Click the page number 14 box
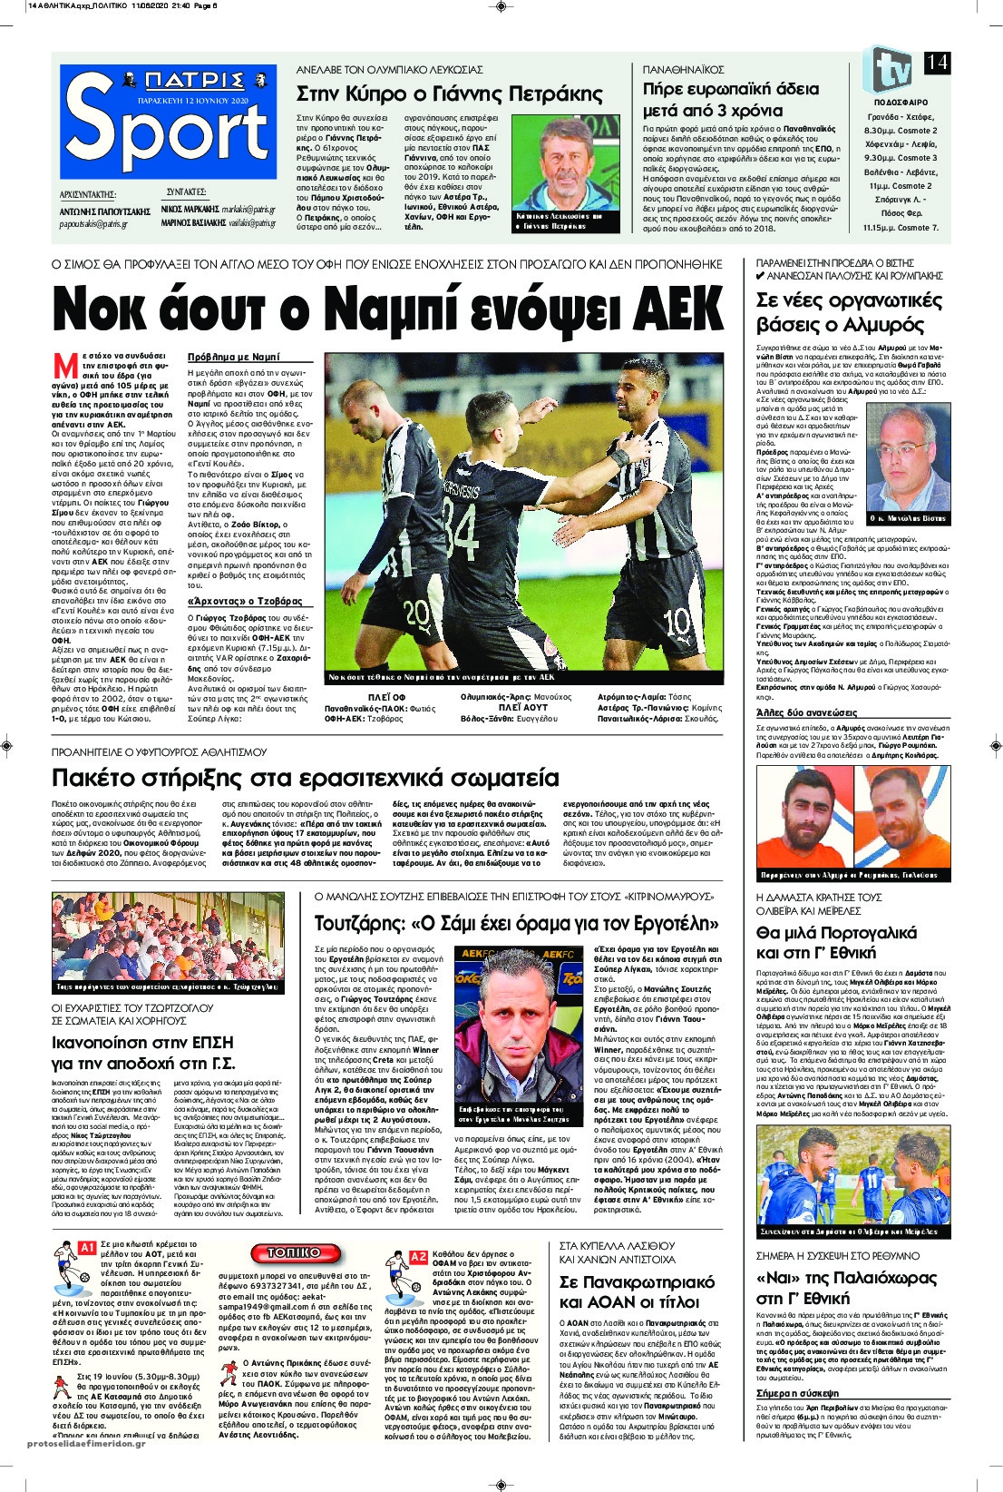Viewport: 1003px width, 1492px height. pos(937,62)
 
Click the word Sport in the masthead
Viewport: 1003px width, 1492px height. pos(169,133)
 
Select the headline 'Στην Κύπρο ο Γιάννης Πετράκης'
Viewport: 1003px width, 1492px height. pos(450,93)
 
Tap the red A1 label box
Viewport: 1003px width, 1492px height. pos(87,1249)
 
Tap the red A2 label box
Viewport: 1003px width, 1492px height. pos(418,1257)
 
